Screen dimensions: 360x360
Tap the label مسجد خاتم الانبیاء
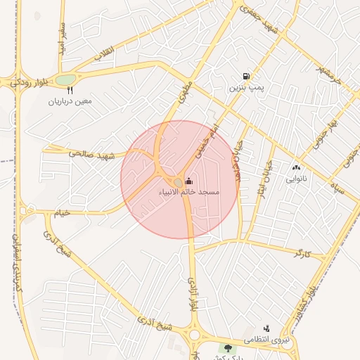(x=191, y=192)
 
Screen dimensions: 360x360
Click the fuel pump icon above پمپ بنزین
(x=245, y=77)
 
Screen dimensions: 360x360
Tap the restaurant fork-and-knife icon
(x=70, y=90)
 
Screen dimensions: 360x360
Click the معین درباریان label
(x=70, y=101)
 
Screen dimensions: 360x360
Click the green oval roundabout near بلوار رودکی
(x=65, y=80)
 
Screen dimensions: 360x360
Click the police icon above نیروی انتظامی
(x=266, y=328)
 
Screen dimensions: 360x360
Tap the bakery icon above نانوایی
(x=295, y=167)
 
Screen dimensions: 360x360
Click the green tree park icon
(x=226, y=348)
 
